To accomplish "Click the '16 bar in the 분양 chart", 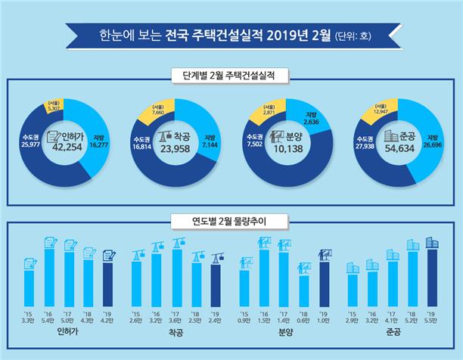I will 264,276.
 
